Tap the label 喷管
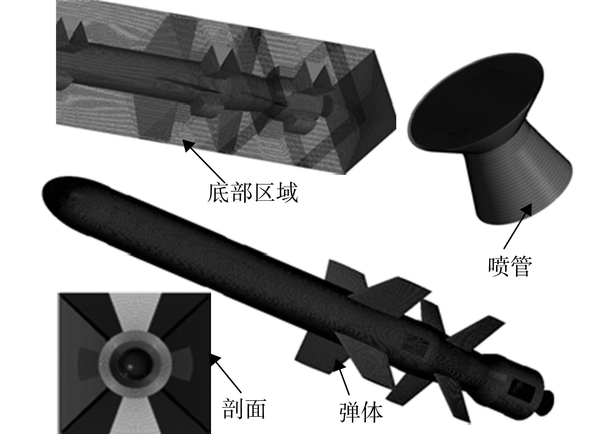[510, 266]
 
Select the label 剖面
[244, 409]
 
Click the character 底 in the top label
[218, 193]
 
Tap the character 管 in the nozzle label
[521, 266]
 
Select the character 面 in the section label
[255, 409]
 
